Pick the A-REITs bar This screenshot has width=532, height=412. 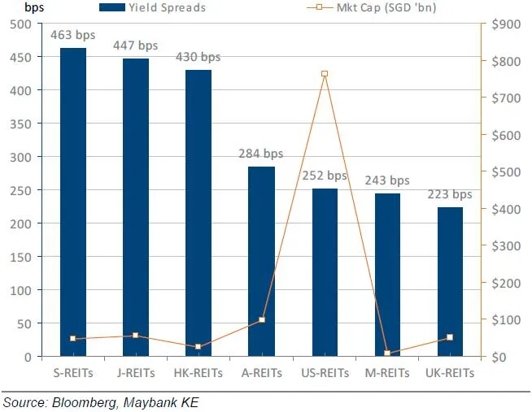point(261,261)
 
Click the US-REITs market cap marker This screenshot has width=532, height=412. point(325,74)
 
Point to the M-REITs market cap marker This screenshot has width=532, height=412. point(387,353)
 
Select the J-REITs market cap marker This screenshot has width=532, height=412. point(136,336)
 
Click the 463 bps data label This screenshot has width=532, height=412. point(73,37)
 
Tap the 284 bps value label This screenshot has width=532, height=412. point(261,154)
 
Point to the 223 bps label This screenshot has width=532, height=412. point(450,195)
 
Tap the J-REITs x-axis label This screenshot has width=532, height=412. point(136,373)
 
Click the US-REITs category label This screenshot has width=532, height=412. point(325,373)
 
